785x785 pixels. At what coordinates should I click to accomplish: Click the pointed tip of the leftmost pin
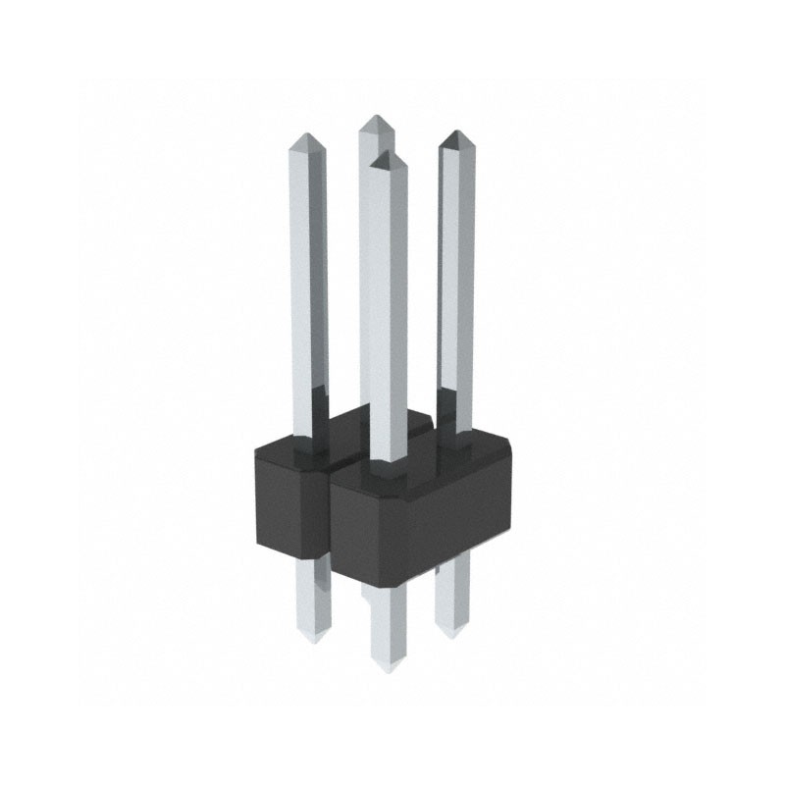tap(308, 136)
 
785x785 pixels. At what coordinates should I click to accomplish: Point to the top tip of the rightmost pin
tap(454, 134)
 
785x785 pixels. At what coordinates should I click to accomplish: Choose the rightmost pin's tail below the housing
tap(451, 599)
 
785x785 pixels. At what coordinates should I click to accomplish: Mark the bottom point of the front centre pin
tap(389, 670)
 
